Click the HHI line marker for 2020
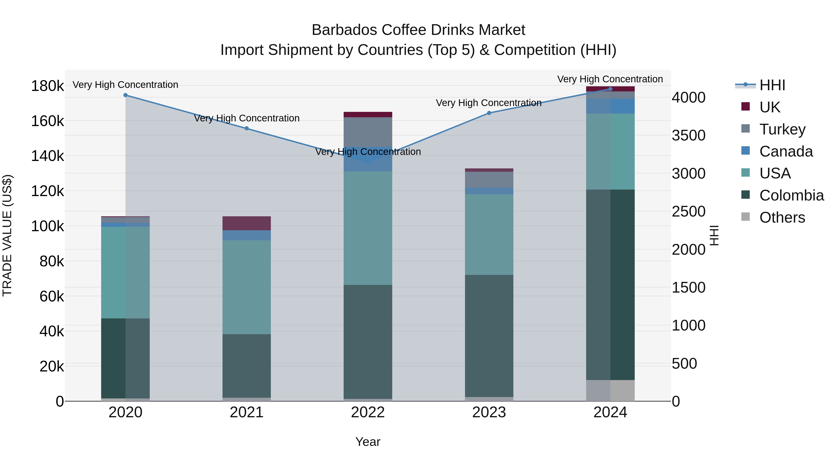125,95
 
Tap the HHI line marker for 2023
489,113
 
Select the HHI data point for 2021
247,128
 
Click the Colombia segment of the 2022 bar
368,341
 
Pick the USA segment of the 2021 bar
247,287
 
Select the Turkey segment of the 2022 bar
368,132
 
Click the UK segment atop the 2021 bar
247,223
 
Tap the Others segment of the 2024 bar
610,390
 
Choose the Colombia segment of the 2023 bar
489,335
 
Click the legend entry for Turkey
782,129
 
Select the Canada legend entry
786,151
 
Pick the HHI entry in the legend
772,85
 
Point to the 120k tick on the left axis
47,191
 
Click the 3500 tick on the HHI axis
688,136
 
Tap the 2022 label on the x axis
368,412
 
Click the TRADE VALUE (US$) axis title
7,235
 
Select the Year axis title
368,442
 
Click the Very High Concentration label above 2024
610,79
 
